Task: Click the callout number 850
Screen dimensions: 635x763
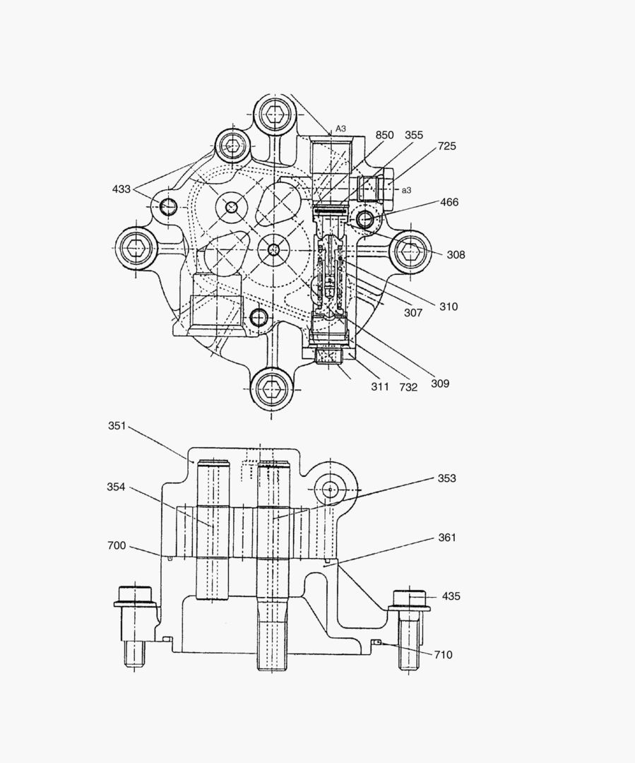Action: coord(384,135)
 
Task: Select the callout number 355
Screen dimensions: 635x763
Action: coord(414,135)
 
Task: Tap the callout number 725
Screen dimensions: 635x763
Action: coord(447,146)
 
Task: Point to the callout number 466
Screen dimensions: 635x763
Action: coord(449,202)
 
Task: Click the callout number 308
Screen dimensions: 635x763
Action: coord(456,255)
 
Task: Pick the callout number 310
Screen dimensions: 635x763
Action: coord(448,307)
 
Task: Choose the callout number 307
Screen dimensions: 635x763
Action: coord(413,312)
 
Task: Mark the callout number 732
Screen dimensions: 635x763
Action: coord(408,387)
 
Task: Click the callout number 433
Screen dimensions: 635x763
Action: coord(121,189)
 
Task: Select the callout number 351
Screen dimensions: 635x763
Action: coord(117,425)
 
